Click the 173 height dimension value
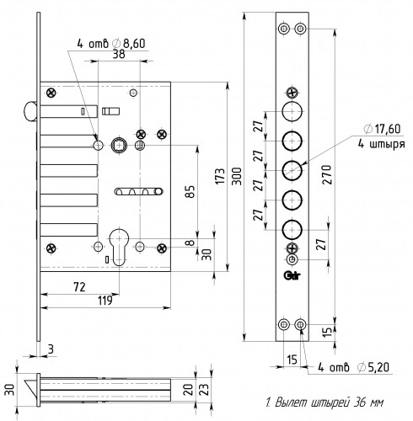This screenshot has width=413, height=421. coord(221,176)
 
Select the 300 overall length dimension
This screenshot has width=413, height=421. coord(238,176)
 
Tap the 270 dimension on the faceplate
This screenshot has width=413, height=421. coord(327,174)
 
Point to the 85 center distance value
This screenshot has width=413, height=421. coord(190,192)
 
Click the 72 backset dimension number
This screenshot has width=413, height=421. coord(79,287)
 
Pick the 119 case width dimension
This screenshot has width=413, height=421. coord(105,301)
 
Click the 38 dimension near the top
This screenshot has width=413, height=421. coord(119,54)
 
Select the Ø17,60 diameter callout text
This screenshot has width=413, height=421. coord(382,129)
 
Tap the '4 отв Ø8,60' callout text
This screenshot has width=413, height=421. coord(111,44)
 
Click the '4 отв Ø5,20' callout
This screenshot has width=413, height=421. coord(353,367)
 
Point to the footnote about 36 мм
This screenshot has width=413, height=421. coord(324,402)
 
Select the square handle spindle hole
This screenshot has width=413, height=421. coord(119,146)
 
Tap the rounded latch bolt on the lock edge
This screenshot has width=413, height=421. coord(29,111)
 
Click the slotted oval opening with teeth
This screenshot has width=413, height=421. coord(139,191)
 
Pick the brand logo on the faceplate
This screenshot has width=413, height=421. coord(292,275)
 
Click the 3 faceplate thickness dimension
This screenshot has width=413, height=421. coord(51,349)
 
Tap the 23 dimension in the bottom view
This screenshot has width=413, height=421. coord(206,389)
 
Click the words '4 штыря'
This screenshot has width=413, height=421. coord(381,144)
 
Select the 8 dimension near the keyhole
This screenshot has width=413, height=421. coord(190,242)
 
